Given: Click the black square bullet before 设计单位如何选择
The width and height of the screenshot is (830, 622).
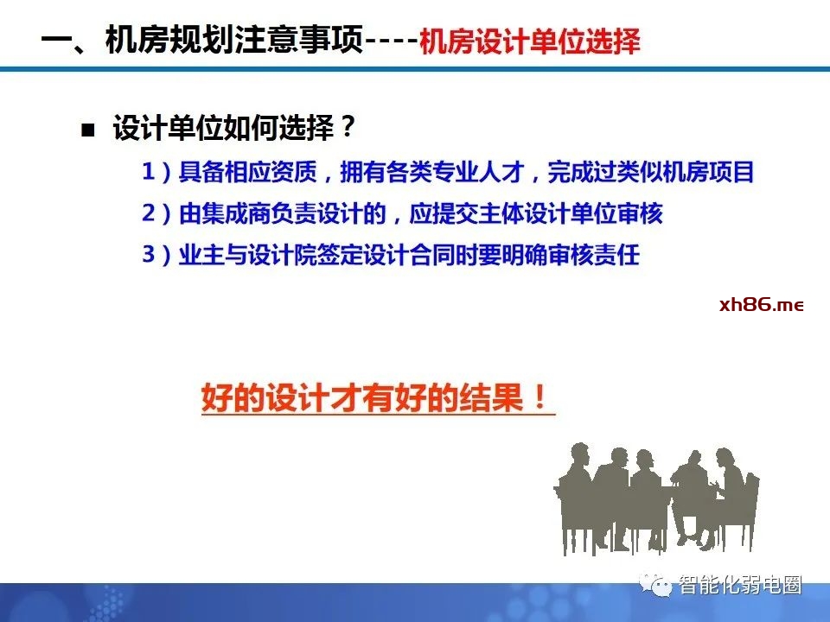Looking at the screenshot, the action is point(88,130).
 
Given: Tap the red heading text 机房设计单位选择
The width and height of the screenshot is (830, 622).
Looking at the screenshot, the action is point(530,41).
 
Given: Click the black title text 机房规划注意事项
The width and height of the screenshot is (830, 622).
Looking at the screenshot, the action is point(234,39).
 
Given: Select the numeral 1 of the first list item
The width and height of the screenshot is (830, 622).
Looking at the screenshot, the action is point(149,171).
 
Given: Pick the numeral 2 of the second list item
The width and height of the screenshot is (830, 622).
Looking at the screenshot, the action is point(149,213).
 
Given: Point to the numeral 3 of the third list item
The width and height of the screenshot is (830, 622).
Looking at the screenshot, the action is point(149,254).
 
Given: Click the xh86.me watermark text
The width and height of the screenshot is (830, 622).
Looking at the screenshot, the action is point(761,305).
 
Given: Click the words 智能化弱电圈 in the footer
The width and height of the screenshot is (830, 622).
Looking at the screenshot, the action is point(740,585).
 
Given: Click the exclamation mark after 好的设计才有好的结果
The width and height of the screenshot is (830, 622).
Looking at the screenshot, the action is point(540,397).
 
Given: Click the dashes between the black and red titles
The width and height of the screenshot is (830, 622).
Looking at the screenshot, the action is point(392,41).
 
